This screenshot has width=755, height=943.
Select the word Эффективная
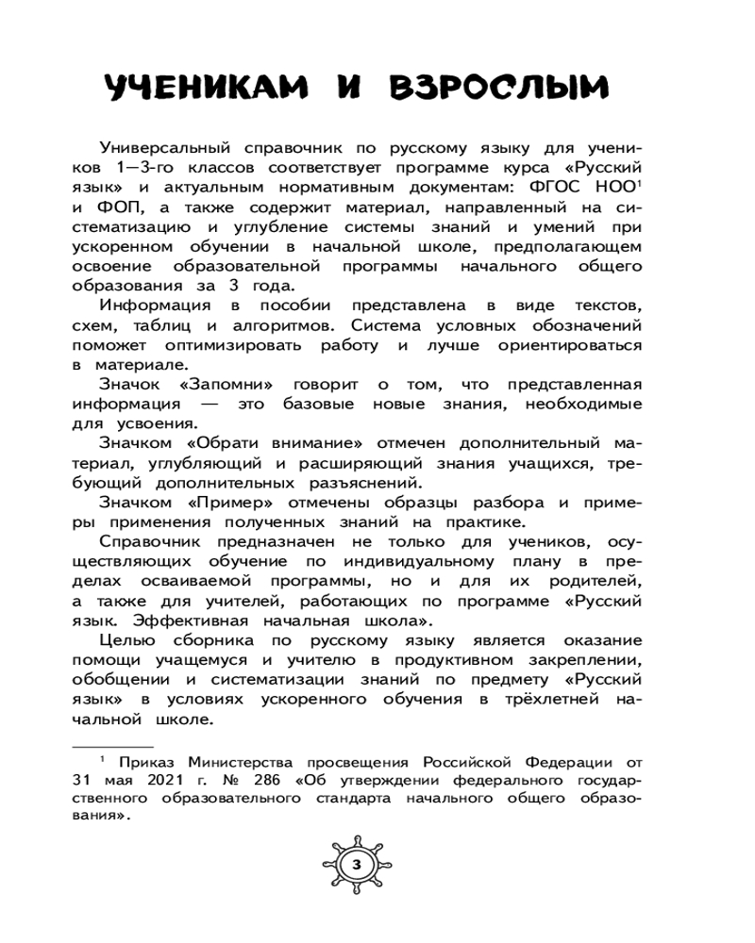click(x=201, y=619)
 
